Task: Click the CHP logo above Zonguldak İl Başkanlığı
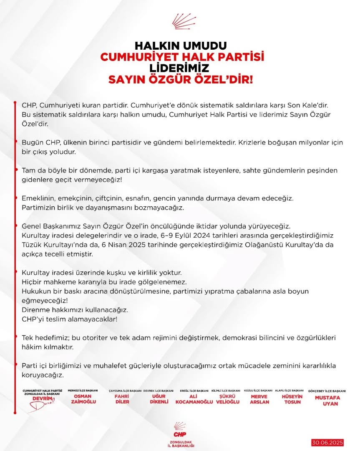180,427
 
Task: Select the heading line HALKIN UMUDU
180,46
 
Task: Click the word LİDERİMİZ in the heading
180,68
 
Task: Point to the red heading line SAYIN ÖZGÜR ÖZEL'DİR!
180,79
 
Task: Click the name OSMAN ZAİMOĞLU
82,399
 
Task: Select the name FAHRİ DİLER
122,399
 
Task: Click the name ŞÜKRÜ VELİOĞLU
226,399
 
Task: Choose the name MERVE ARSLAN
260,399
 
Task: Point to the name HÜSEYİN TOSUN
292,399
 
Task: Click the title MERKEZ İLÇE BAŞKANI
82,390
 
